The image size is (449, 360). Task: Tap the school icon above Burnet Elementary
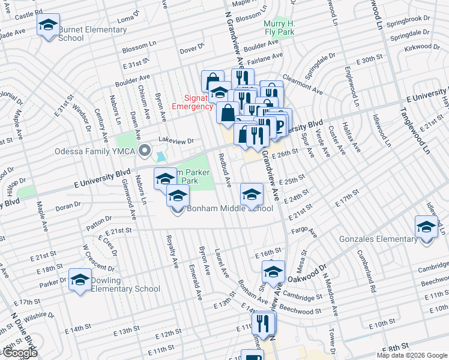click(47, 25)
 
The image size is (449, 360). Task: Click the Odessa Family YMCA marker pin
click(144, 150)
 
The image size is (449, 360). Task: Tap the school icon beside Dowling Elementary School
click(80, 280)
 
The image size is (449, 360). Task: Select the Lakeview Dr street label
click(176, 140)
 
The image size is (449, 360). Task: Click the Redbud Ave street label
click(224, 169)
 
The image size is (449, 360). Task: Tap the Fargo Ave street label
click(303, 230)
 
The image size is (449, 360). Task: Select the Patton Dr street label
click(100, 224)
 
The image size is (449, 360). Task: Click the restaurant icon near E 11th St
click(264, 323)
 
